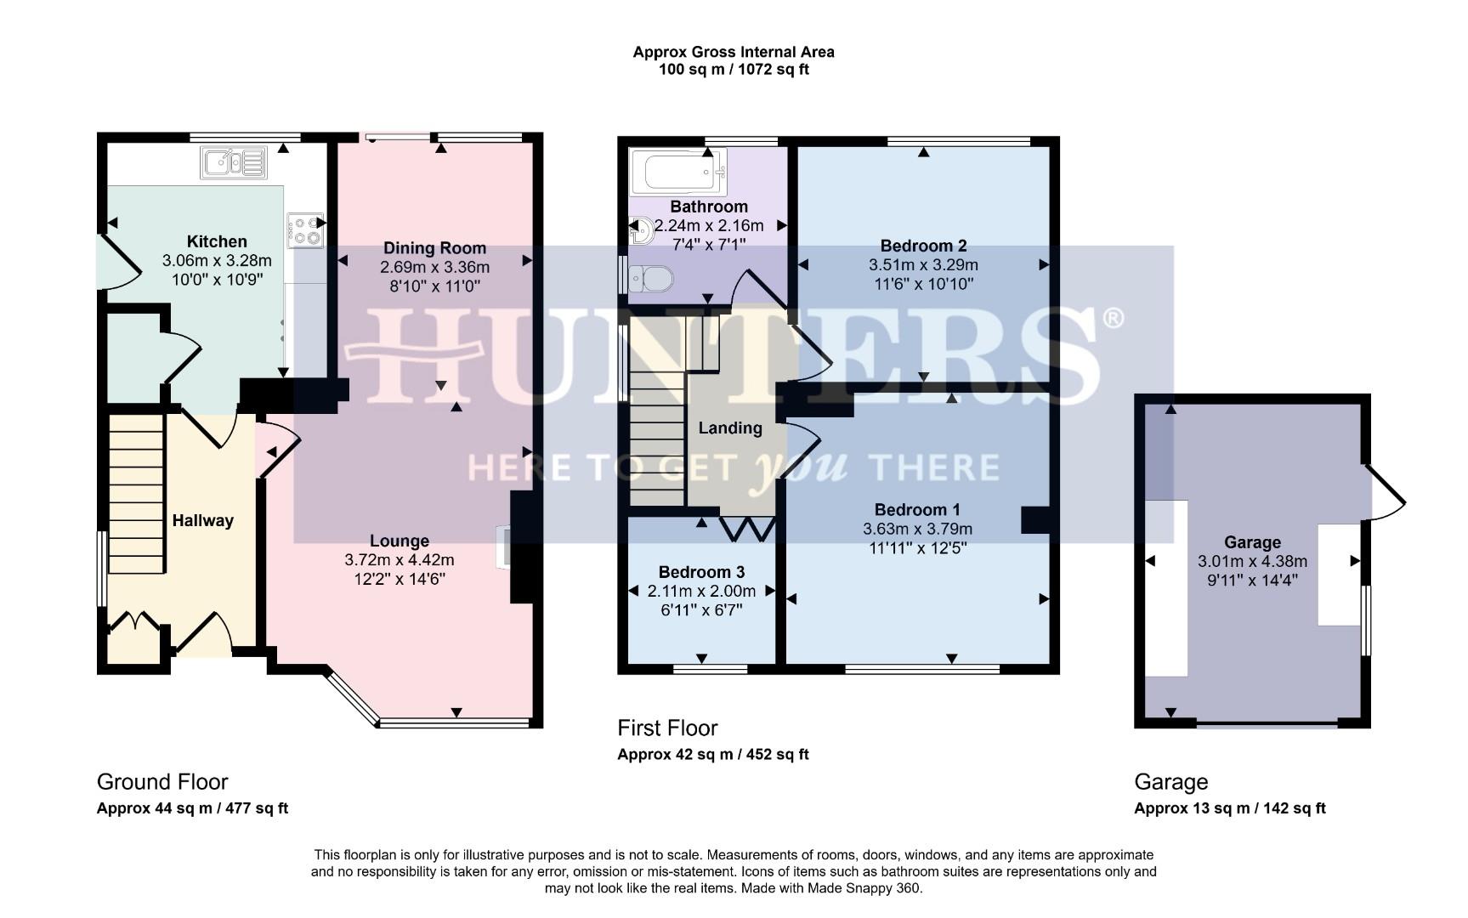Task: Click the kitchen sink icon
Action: pos(233,162)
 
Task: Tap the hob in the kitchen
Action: pos(305,230)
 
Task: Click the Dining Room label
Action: pos(434,248)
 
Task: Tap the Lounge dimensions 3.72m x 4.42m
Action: pos(399,560)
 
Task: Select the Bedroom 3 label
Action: pos(694,572)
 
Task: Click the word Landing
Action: pos(729,428)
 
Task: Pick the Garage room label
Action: pos(1251,542)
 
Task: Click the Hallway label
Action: pos(202,521)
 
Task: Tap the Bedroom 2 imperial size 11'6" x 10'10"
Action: pos(922,284)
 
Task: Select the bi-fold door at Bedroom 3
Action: pos(748,529)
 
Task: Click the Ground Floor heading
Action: pos(162,782)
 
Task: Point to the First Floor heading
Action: pos(667,728)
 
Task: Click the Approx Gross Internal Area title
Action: pos(733,52)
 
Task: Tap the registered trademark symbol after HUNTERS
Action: pos(1113,319)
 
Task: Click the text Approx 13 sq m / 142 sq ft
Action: pos(1229,808)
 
